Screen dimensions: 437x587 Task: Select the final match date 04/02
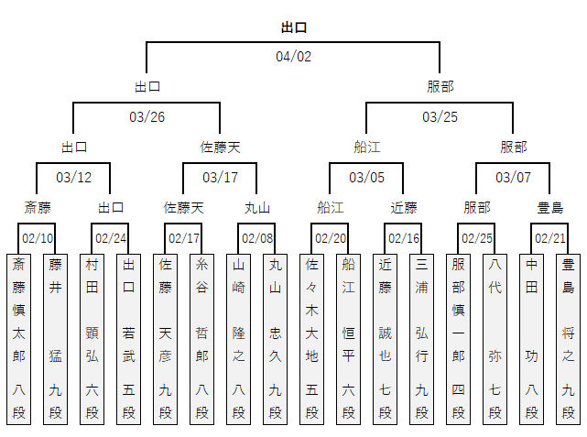point(294,57)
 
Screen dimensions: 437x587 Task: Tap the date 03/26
point(147,117)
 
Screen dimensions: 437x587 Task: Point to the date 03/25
point(440,117)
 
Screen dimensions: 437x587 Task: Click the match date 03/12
point(74,177)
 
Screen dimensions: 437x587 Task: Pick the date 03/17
point(221,177)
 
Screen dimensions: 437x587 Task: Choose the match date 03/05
point(367,177)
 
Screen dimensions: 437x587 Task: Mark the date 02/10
point(38,238)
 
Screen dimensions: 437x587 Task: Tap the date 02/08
point(257,238)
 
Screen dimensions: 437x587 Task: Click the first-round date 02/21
point(550,238)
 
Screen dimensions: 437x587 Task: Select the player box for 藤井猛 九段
point(56,339)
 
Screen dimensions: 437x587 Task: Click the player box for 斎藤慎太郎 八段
point(19,339)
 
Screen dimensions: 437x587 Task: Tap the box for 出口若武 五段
point(129,339)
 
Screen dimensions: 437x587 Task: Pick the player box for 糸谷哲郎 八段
point(202,339)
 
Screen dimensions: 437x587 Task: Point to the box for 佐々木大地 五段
point(312,339)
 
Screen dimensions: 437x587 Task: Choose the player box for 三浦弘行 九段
point(422,339)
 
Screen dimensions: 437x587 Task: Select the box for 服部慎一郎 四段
point(459,339)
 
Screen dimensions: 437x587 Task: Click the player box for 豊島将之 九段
point(569,339)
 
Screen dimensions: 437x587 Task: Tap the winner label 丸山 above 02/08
point(257,208)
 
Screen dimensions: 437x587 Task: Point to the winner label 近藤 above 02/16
point(404,208)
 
